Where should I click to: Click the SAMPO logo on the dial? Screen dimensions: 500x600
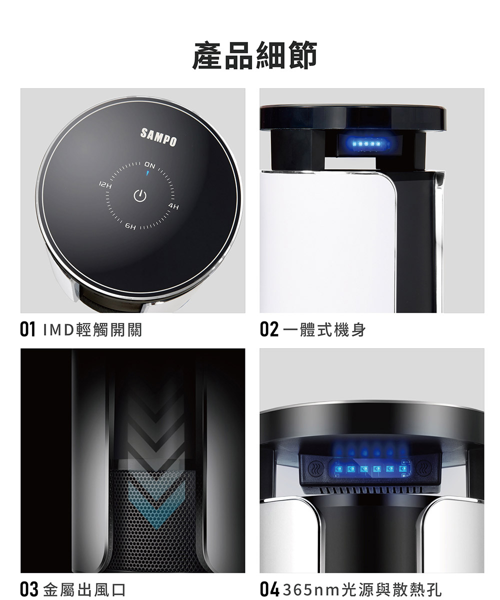158,137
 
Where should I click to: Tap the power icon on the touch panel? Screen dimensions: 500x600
140,195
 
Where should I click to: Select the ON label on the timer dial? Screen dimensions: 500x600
150,165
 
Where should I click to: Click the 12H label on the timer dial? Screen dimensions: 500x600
105,185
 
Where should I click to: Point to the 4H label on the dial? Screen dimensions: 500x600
173,206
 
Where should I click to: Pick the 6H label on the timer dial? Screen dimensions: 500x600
130,226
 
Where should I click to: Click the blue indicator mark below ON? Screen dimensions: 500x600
147,173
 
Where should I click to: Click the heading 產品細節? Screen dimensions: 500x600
254,55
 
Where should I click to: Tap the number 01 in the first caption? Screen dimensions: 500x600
27,329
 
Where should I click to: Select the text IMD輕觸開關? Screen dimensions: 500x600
92,329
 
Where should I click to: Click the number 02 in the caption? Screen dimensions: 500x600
269,329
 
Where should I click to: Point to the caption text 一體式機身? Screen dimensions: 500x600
324,329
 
